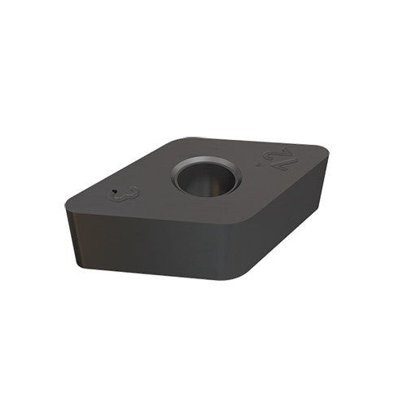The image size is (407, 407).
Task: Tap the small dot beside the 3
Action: tap(116, 193)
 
